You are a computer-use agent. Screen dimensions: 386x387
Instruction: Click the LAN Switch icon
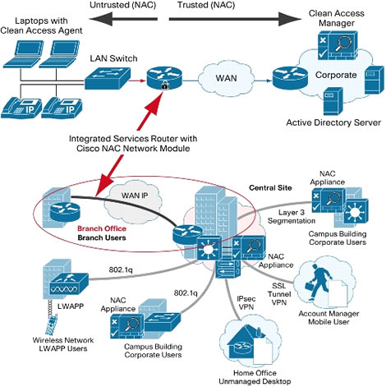click(x=108, y=78)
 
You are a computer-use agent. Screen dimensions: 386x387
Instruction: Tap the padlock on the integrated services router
click(x=164, y=86)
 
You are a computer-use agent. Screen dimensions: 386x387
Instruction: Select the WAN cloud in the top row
click(x=226, y=78)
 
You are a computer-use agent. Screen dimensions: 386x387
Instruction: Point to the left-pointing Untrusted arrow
click(x=123, y=19)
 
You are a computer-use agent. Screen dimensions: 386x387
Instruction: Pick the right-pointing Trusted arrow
click(x=235, y=19)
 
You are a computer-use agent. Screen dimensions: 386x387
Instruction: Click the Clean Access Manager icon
click(x=338, y=45)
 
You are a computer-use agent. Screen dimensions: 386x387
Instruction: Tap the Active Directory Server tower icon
click(x=333, y=101)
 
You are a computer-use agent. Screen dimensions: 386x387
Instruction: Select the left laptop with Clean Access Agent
click(x=23, y=54)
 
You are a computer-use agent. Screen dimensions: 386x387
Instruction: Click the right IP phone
click(x=62, y=108)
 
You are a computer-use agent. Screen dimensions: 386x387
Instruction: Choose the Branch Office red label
click(x=102, y=228)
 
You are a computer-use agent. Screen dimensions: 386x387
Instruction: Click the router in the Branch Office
click(x=65, y=210)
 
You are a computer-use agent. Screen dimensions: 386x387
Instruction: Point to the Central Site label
click(x=270, y=188)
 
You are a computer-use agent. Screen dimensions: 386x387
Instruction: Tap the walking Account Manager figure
click(x=318, y=281)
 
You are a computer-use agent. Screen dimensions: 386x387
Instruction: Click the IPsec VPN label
click(x=246, y=303)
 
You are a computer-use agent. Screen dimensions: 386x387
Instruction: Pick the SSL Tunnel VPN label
click(x=279, y=294)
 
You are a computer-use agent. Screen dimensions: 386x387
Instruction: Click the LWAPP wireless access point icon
click(x=69, y=283)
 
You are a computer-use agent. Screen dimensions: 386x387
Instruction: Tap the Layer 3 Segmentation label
click(x=292, y=216)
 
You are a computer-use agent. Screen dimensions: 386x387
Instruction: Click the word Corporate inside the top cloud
click(x=336, y=75)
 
